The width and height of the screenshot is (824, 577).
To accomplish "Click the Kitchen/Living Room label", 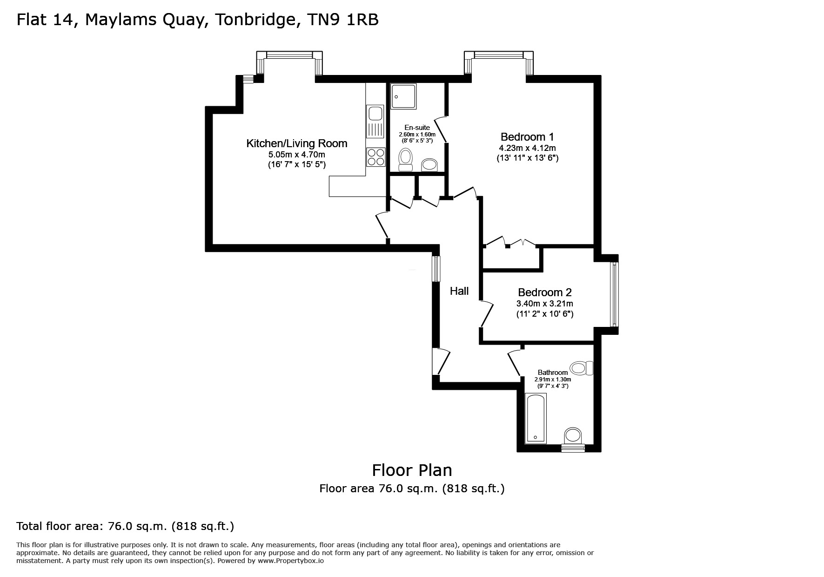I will tap(296, 143).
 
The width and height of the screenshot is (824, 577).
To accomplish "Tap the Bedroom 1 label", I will tap(527, 137).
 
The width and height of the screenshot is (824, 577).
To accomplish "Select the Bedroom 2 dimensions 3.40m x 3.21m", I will tap(544, 304).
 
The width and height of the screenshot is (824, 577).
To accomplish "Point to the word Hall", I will tap(459, 291).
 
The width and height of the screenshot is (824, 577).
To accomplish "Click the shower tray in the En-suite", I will tap(403, 96).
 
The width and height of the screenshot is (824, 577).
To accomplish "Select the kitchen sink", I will tap(375, 114).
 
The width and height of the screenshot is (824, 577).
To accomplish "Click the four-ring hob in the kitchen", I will tap(375, 156).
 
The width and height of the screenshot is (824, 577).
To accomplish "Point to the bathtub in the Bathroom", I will tap(536, 418).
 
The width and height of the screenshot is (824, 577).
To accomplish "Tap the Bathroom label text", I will tap(552, 373).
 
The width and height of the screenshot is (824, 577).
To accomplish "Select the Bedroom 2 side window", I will tap(614, 294).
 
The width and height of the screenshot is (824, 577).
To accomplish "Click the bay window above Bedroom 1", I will tap(498, 56).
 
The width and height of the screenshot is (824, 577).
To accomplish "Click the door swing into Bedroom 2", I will tap(487, 313).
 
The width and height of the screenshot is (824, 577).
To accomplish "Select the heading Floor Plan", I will tap(412, 470).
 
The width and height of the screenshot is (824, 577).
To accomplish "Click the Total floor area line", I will tap(125, 526).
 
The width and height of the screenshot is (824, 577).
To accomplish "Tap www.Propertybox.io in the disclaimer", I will tap(291, 561).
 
